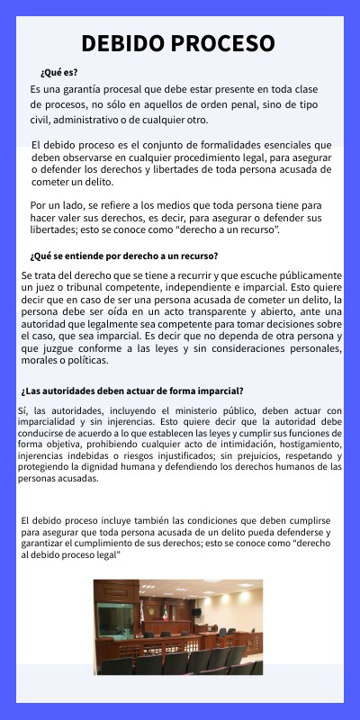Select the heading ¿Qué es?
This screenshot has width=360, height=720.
59,72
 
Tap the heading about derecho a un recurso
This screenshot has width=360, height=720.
124,255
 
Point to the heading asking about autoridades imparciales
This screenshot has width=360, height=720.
132,391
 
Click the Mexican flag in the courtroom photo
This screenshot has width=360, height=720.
165,611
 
